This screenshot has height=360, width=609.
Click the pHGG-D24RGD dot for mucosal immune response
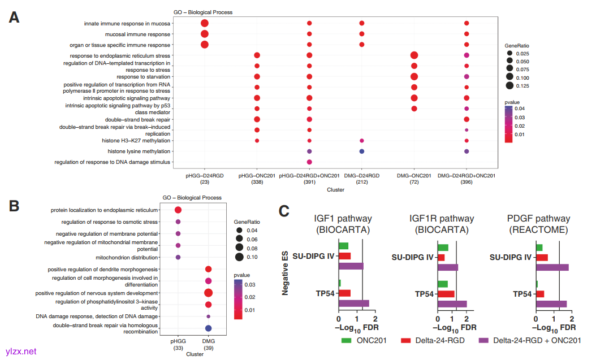point(204,34)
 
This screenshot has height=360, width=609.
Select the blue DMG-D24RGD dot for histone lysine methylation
point(361,151)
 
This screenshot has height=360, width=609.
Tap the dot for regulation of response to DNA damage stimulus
point(309,162)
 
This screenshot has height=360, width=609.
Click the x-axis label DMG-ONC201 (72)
point(414,179)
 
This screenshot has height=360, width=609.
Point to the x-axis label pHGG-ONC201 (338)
point(257,179)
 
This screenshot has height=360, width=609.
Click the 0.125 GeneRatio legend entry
point(509,86)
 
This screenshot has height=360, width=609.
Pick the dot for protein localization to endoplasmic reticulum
point(178,210)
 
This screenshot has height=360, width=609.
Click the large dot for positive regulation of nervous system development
point(208,293)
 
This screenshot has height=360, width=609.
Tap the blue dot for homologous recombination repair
point(208,328)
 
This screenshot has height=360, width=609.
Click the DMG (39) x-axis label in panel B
point(208,345)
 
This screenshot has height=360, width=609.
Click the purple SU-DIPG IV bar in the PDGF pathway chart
point(552,267)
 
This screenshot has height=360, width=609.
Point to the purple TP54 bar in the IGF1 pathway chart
point(353,303)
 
